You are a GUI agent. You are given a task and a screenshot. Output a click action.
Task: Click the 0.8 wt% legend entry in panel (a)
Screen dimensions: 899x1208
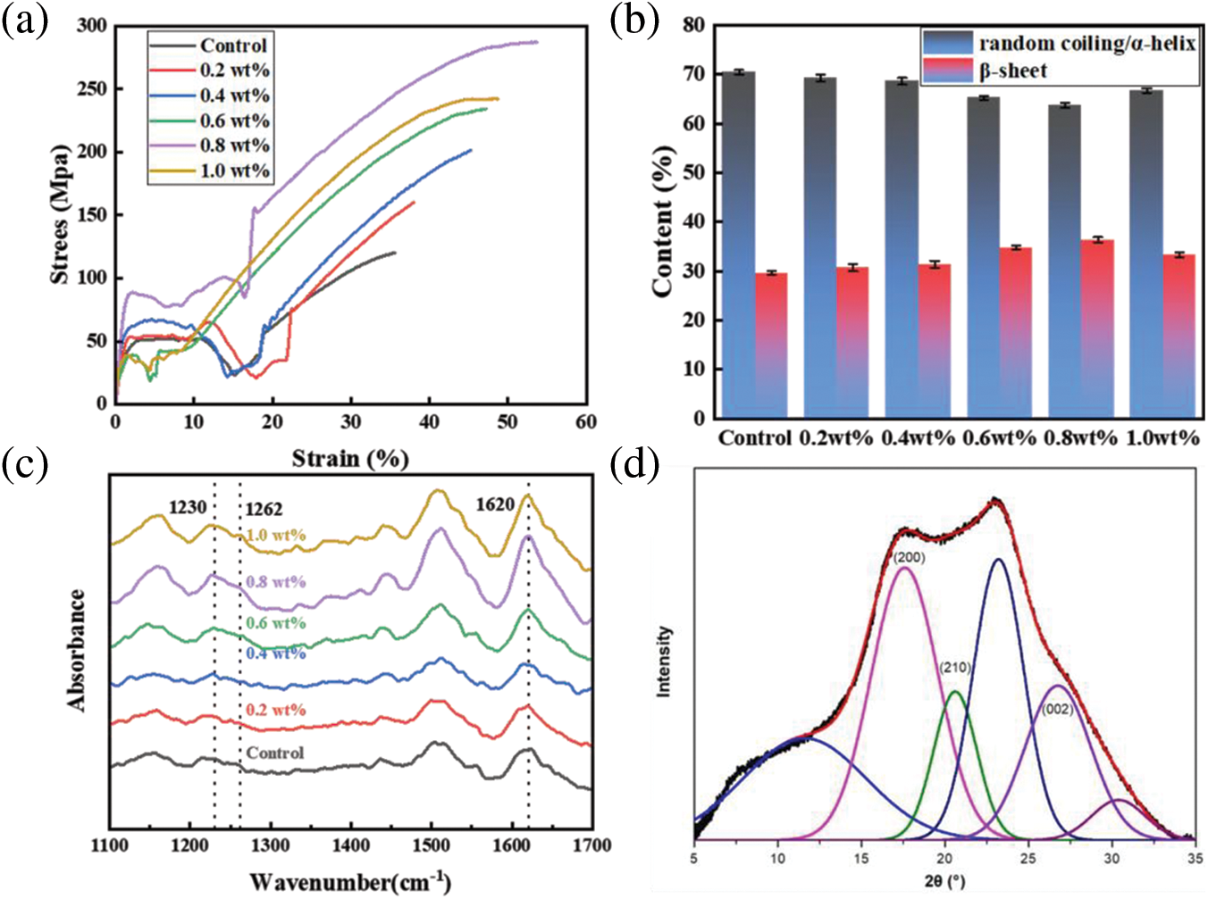pos(234,146)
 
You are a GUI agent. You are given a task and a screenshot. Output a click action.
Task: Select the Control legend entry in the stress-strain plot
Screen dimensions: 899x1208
pos(233,46)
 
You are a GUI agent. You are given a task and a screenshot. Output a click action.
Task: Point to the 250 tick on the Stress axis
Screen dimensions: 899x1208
pos(92,89)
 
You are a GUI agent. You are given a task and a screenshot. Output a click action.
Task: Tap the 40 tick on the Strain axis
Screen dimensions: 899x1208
pos(429,421)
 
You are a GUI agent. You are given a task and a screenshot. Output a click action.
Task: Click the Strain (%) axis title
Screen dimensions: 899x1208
pos(350,459)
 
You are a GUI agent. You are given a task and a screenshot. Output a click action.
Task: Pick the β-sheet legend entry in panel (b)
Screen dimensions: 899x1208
pos(1012,71)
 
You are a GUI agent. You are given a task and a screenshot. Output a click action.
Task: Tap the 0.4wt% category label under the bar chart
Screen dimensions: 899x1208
pos(919,438)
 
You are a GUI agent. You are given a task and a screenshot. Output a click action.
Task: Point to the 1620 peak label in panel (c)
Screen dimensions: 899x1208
pos(495,504)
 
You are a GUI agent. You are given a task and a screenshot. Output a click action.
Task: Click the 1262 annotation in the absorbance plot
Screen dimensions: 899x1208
pos(264,510)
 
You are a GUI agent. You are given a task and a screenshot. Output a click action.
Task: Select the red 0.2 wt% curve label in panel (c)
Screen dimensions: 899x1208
pos(276,711)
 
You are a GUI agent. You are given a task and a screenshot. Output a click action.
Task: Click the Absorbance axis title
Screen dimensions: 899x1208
pos(78,650)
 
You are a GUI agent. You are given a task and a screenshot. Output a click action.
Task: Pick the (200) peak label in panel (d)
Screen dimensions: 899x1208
pos(908,558)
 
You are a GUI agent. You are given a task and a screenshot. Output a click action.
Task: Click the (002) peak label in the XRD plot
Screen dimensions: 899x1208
pos(1057,710)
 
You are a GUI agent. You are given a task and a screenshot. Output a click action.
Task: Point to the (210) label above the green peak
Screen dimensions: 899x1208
pos(955,668)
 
